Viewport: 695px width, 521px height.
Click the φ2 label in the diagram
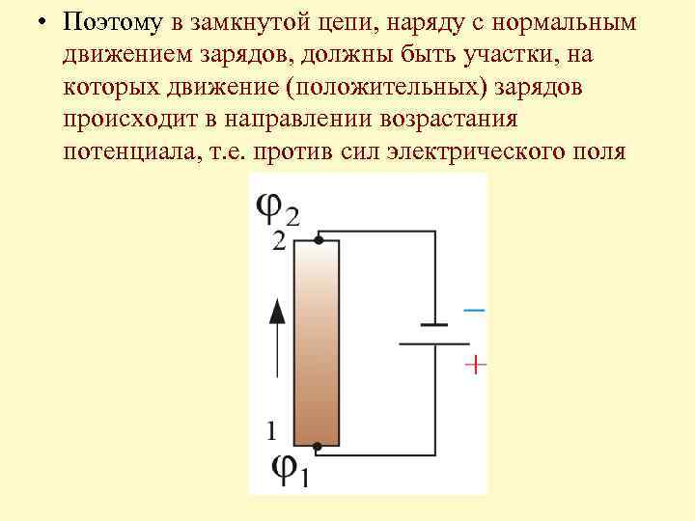pos(277,206)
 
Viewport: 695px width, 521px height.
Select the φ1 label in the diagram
pos(289,470)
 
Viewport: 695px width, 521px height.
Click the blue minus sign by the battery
pos(474,310)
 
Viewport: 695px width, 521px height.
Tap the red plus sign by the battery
pos(476,365)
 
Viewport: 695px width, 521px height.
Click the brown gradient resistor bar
pos(317,343)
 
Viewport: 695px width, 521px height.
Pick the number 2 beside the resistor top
pos(279,241)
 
